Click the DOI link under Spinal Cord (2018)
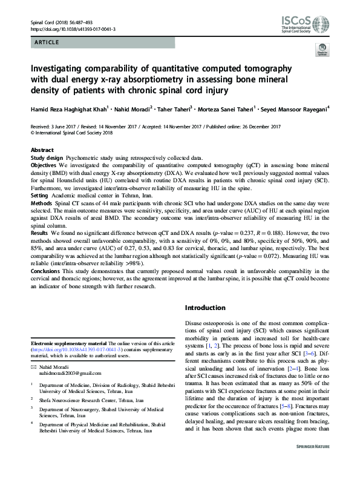click(x=73, y=28)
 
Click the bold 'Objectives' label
click(x=45, y=164)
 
